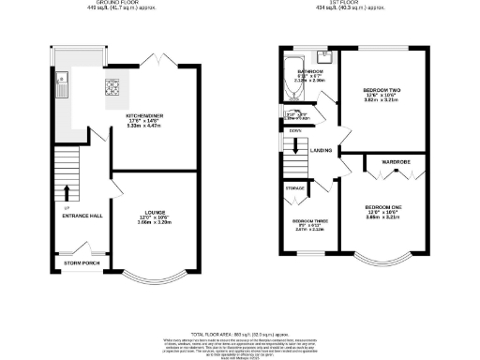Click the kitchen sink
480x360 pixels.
pyautogui.click(x=59, y=85)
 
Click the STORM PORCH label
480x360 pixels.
pyautogui.click(x=81, y=262)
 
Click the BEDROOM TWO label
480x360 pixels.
pyautogui.click(x=382, y=92)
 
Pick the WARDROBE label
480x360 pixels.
pyautogui.click(x=395, y=162)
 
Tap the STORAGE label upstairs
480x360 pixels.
pyautogui.click(x=294, y=188)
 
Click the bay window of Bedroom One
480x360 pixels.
pyautogui.click(x=385, y=258)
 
